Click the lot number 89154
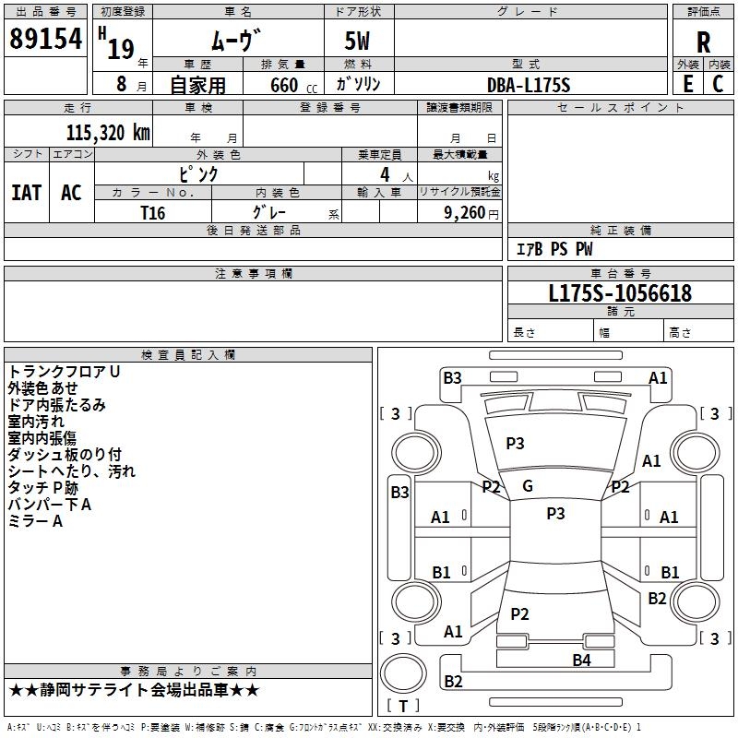coord(45,39)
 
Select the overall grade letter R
coord(703,42)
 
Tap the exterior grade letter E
coord(687,84)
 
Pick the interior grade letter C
coord(718,84)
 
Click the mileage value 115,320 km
coord(108,132)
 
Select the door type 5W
coord(359,42)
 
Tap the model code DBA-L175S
coord(530,85)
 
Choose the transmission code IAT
coord(26,193)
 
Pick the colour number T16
coord(153,212)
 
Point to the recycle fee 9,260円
coord(469,212)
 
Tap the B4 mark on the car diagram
coord(581,660)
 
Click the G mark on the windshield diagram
coord(528,486)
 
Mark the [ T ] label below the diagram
coord(403,706)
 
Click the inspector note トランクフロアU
coord(65,371)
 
